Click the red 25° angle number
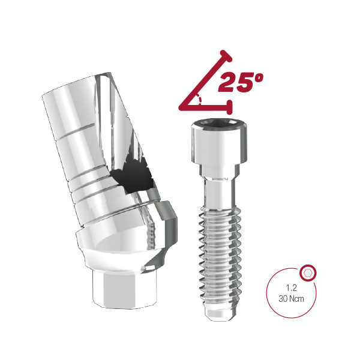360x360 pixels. click(x=240, y=82)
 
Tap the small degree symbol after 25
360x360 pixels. click(x=259, y=77)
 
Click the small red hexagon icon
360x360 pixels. click(x=308, y=273)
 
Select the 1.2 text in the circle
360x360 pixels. click(x=291, y=287)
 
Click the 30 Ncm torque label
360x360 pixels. click(x=291, y=298)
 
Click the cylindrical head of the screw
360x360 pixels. click(x=219, y=141)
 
